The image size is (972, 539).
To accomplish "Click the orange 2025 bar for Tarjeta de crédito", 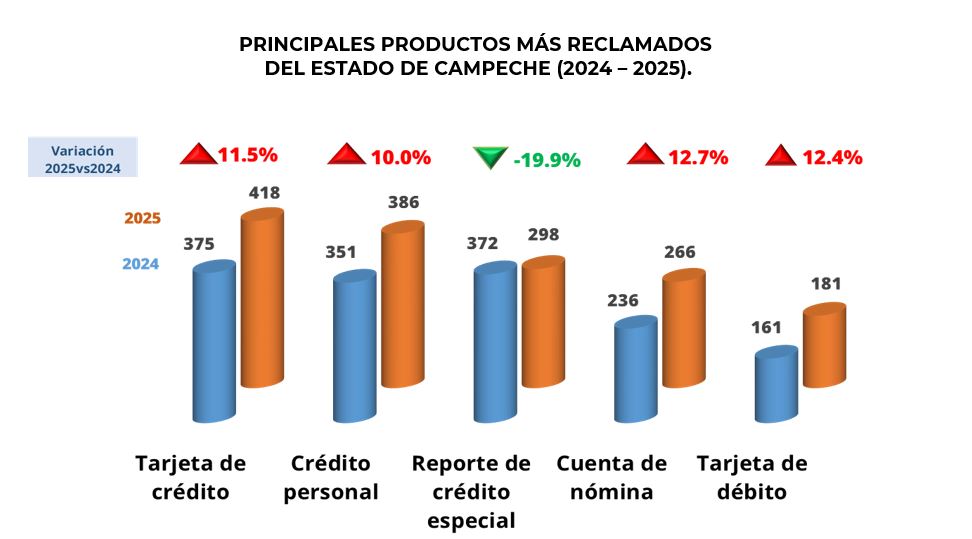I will tap(262, 300).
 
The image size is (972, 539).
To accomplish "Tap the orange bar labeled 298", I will tap(543, 323).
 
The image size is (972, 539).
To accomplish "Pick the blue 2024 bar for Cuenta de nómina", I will tap(635, 370).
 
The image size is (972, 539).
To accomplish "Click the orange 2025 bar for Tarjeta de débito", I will tap(824, 346).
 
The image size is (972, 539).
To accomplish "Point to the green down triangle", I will tap(490, 158).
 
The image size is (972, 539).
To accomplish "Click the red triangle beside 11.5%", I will tap(198, 155).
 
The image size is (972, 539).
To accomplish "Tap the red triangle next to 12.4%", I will tap(780, 156).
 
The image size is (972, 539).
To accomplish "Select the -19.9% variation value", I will tap(547, 160).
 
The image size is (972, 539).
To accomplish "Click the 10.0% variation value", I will tap(400, 157).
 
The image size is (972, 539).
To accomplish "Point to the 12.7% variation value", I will tap(698, 157).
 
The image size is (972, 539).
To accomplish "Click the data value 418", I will tap(265, 192).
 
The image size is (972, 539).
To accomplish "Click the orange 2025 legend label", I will tap(142, 218).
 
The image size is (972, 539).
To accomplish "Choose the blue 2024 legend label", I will tap(141, 264).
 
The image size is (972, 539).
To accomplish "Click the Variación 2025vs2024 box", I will tap(83, 157).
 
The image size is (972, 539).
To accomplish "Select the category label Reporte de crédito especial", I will tap(471, 492).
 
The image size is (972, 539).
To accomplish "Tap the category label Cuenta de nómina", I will tap(611, 478).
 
